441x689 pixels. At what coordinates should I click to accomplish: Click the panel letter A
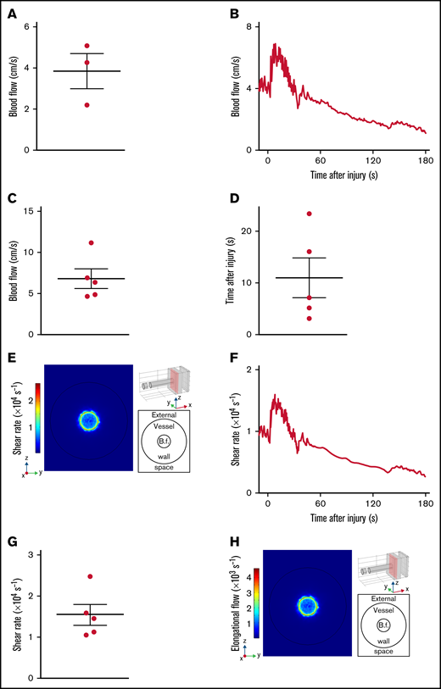[x=12, y=14]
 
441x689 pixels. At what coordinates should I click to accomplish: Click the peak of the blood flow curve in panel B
[x=274, y=44]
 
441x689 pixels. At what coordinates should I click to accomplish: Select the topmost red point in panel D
[x=310, y=214]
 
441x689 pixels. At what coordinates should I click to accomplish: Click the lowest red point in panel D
[x=310, y=319]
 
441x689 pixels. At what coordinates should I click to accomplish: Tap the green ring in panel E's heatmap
[x=89, y=420]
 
